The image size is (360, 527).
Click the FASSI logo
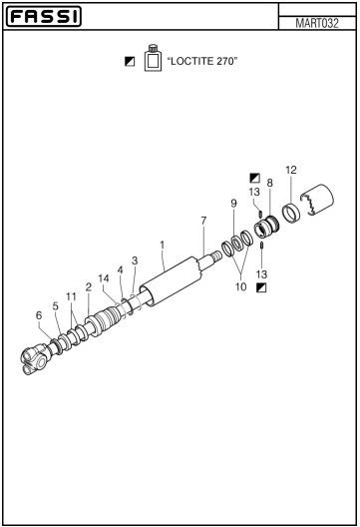pyautogui.click(x=44, y=16)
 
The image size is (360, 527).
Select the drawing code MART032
pyautogui.click(x=317, y=23)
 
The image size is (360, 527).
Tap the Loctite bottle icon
pyautogui.click(x=153, y=58)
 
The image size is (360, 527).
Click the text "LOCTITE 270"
pyautogui.click(x=202, y=61)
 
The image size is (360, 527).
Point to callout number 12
pyautogui.click(x=291, y=170)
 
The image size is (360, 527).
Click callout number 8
pyautogui.click(x=269, y=183)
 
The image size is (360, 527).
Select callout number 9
pyautogui.click(x=233, y=204)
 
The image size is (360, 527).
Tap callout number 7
pyautogui.click(x=203, y=221)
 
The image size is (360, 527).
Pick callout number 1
pyautogui.click(x=163, y=245)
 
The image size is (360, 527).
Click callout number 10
pyautogui.click(x=240, y=287)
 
